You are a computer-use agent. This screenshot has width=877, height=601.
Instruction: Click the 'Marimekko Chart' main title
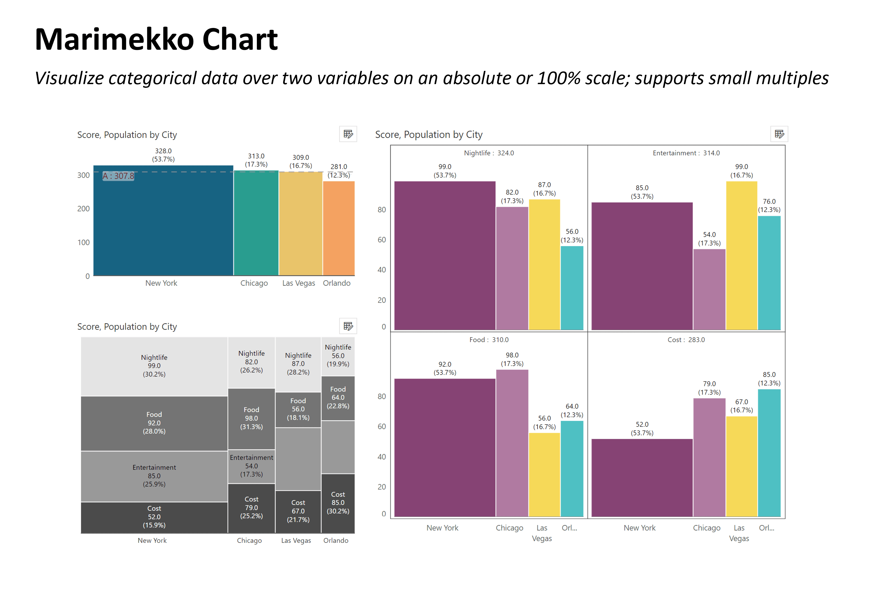click(x=156, y=40)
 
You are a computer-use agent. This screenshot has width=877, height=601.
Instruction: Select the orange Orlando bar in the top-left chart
click(x=338, y=228)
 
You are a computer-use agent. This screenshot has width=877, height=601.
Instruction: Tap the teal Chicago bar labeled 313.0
click(x=256, y=223)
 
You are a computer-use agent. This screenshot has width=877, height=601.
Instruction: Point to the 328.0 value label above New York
click(x=163, y=151)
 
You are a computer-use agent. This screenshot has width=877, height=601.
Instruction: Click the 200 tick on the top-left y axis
click(x=83, y=209)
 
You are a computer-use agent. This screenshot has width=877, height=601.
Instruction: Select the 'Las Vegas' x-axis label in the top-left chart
click(x=299, y=283)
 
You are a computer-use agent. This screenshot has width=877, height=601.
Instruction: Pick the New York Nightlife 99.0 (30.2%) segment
click(x=154, y=366)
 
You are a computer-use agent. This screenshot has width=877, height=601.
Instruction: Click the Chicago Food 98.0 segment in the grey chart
click(x=251, y=418)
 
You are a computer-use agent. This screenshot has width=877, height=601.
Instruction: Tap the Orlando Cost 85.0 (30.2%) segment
click(x=338, y=503)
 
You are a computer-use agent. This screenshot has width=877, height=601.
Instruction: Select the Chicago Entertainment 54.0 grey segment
click(x=251, y=466)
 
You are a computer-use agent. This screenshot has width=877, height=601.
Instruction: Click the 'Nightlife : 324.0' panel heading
click(x=489, y=153)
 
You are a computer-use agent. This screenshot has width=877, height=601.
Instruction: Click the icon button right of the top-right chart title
click(x=779, y=134)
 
